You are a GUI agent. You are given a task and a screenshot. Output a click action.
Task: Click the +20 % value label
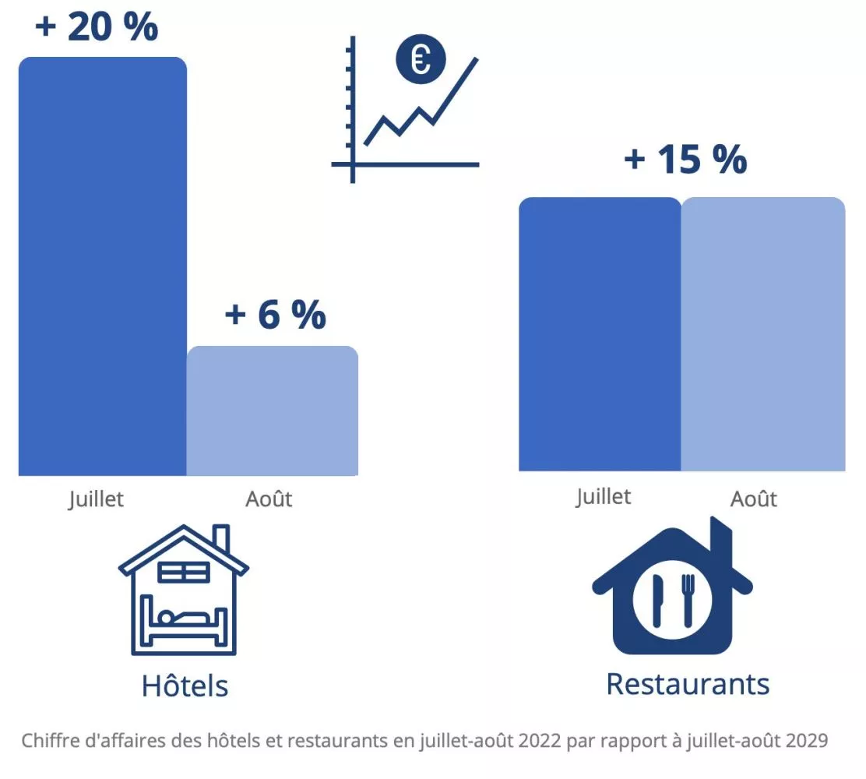(x=97, y=27)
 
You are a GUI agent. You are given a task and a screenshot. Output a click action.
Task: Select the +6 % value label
(x=275, y=315)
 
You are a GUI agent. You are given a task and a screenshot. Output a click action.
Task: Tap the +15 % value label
(x=685, y=160)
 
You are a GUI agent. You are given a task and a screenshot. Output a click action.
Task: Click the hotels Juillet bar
(x=102, y=265)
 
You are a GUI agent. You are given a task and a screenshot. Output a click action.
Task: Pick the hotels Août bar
(x=273, y=411)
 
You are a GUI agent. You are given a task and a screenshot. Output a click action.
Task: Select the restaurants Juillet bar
(x=600, y=334)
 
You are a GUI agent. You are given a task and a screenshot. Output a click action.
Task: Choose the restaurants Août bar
(x=763, y=334)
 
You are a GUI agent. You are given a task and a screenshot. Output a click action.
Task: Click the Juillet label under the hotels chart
(x=96, y=499)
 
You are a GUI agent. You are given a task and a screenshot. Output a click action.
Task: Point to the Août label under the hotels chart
(x=269, y=499)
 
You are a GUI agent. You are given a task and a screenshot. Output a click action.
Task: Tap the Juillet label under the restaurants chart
(x=604, y=496)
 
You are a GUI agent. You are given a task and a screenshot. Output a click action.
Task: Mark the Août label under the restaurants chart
(x=754, y=499)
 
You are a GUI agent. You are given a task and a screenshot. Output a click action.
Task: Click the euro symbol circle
(x=421, y=60)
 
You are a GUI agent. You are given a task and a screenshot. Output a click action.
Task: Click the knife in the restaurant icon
(x=657, y=600)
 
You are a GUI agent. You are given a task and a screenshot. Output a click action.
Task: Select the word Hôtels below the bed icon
(x=185, y=686)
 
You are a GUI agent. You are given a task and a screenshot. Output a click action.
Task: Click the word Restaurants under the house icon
(x=688, y=684)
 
